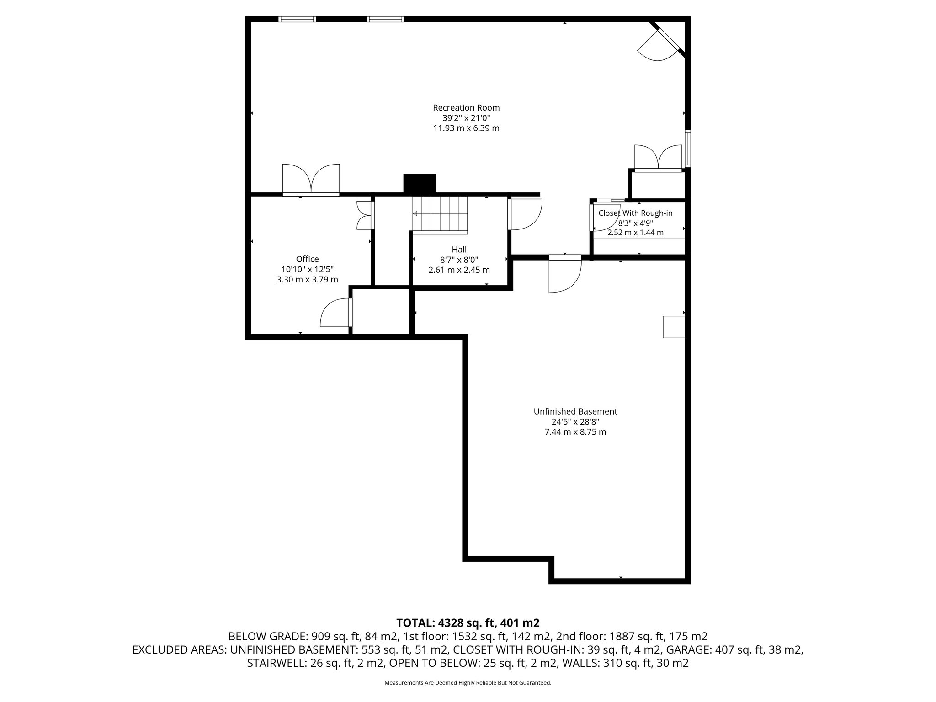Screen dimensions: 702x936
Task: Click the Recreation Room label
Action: click(466, 108)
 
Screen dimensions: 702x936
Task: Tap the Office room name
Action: click(307, 259)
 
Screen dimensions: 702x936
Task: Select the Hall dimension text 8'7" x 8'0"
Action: click(459, 260)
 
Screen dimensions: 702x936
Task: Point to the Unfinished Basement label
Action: click(575, 411)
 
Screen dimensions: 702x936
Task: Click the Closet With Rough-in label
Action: click(635, 213)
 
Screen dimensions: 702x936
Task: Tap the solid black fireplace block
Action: click(419, 184)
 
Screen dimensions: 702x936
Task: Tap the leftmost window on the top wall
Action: click(297, 19)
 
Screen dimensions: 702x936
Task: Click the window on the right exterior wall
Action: click(687, 149)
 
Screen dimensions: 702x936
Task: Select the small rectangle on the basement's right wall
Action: click(674, 327)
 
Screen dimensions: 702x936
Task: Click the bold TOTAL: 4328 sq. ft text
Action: click(468, 623)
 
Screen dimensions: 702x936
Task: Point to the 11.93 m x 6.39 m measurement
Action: click(466, 128)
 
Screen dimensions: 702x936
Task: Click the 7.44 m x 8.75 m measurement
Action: click(575, 432)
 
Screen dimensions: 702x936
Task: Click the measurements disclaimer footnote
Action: click(468, 683)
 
